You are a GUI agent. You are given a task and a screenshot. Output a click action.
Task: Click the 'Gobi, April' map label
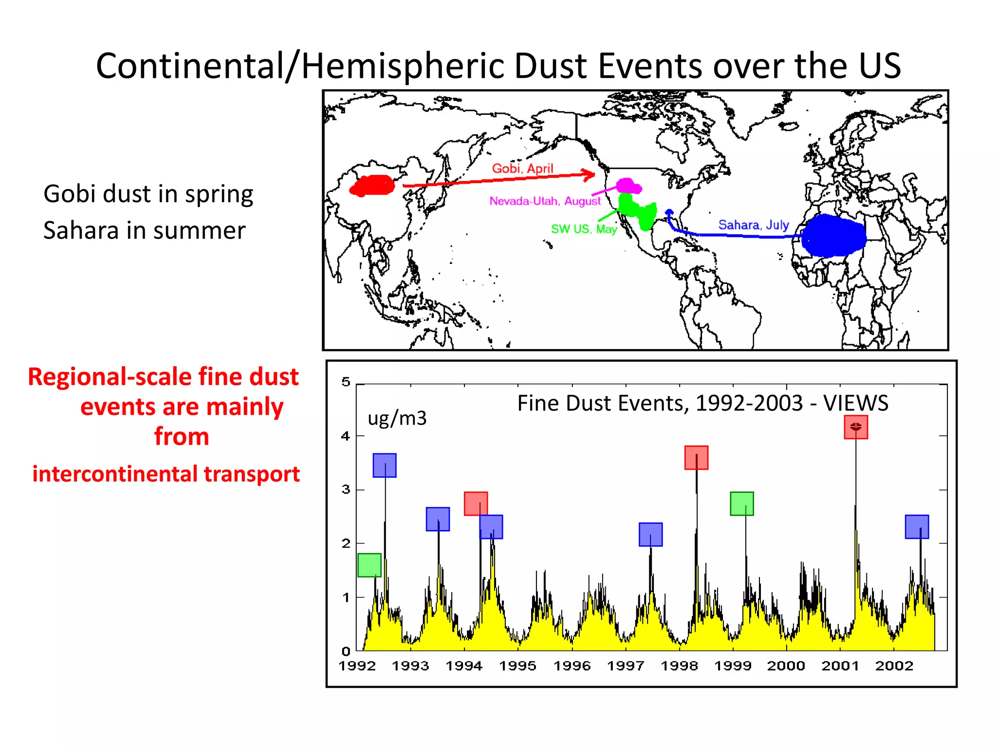click(522, 168)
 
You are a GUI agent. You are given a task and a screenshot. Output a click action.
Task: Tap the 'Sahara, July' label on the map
click(753, 225)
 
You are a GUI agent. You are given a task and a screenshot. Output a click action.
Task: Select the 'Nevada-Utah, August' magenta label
click(545, 201)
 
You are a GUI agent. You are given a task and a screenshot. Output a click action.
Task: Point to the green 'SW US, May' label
click(584, 229)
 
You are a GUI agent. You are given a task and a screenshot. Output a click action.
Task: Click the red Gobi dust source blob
click(373, 186)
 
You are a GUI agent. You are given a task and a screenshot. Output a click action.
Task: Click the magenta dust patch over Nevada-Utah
click(628, 186)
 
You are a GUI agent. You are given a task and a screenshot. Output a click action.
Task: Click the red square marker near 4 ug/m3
click(856, 427)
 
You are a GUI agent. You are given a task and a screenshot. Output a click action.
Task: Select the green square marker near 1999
click(741, 504)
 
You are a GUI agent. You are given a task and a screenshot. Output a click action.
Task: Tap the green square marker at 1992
click(369, 565)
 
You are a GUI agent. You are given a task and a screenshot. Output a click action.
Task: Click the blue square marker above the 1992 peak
click(385, 465)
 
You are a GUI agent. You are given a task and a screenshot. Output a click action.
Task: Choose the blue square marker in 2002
click(917, 526)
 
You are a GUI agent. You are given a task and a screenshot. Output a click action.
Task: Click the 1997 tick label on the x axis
click(626, 666)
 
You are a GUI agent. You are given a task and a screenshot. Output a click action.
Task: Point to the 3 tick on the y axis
click(346, 489)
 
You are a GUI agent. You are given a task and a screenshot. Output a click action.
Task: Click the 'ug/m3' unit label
click(397, 418)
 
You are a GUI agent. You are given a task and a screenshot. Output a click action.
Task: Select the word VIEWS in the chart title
click(855, 403)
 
